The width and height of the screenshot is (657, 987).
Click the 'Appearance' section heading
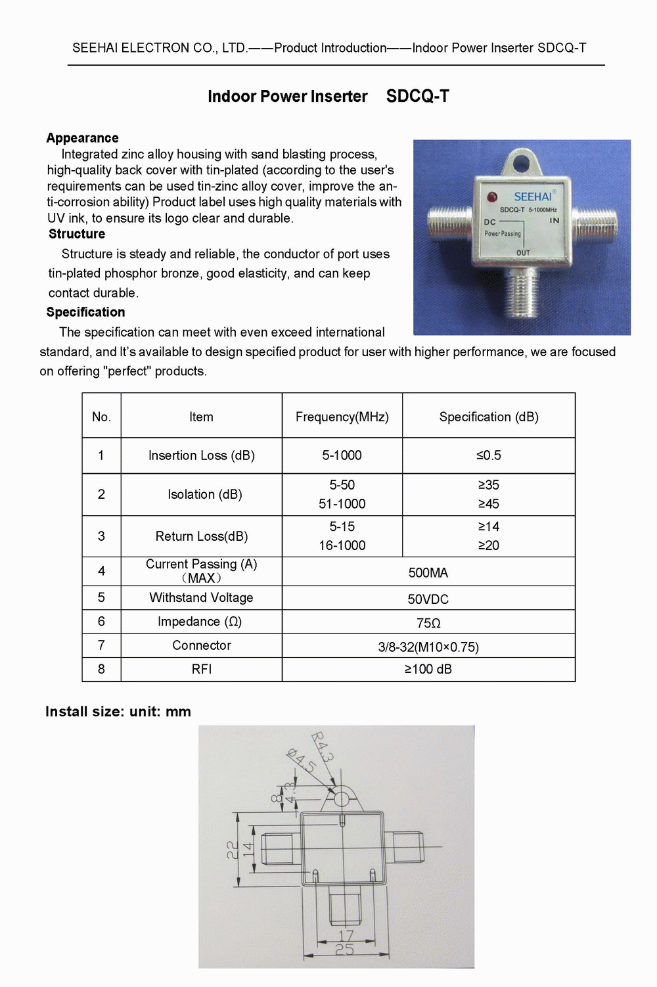(x=82, y=138)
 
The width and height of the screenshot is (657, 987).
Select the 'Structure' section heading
(x=77, y=234)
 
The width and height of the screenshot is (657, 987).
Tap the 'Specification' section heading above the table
(x=85, y=312)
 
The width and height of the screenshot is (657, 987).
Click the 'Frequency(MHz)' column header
(x=342, y=417)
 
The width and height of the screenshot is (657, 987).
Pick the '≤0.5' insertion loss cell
(x=488, y=455)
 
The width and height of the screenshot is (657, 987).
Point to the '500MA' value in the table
(x=428, y=572)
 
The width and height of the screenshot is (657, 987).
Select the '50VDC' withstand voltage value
(x=428, y=599)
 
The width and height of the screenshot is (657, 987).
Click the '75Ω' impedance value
(x=428, y=623)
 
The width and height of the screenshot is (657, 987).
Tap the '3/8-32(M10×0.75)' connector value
(x=428, y=647)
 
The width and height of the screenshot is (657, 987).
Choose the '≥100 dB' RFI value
(x=428, y=669)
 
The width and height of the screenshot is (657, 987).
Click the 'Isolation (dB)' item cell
(x=204, y=494)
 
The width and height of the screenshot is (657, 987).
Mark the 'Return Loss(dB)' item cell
(x=201, y=536)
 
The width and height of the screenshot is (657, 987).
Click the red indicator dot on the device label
(x=492, y=196)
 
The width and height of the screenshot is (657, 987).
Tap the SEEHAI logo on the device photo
(x=533, y=196)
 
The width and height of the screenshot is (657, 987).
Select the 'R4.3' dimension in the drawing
(x=322, y=746)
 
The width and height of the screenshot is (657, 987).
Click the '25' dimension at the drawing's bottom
(x=344, y=950)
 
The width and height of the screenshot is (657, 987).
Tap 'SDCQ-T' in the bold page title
(x=417, y=97)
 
